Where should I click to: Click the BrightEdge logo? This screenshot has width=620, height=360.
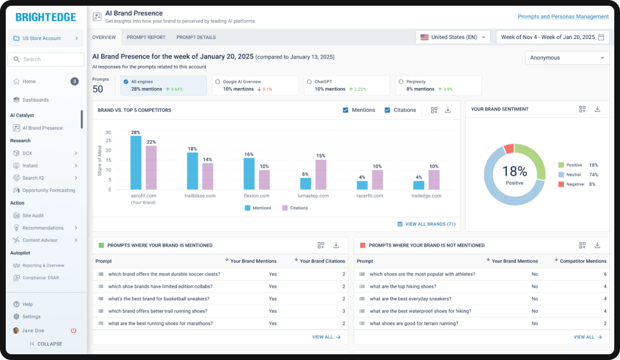[x=45, y=17]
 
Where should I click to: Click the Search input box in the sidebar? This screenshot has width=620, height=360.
[x=46, y=59]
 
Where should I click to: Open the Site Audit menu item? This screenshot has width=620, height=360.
[x=33, y=215]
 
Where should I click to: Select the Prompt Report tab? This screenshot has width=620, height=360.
[x=146, y=37]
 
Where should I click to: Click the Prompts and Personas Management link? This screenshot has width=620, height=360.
[x=563, y=17]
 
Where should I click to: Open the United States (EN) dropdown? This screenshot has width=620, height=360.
[x=453, y=37]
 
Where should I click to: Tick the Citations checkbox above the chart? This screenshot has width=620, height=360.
[x=387, y=110]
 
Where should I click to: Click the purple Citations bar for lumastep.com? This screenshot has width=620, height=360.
[x=321, y=175]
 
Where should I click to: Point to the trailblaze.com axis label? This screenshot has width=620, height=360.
[x=200, y=196]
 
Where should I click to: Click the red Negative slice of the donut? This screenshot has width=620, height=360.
[x=509, y=149]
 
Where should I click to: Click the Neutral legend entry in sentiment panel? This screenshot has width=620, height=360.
[x=573, y=175]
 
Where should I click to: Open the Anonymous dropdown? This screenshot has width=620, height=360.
[x=567, y=58]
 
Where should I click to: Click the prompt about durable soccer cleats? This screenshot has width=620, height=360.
[x=164, y=274]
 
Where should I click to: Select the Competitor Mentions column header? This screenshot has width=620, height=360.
[x=583, y=261]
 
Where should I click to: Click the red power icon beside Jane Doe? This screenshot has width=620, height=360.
[x=73, y=331]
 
